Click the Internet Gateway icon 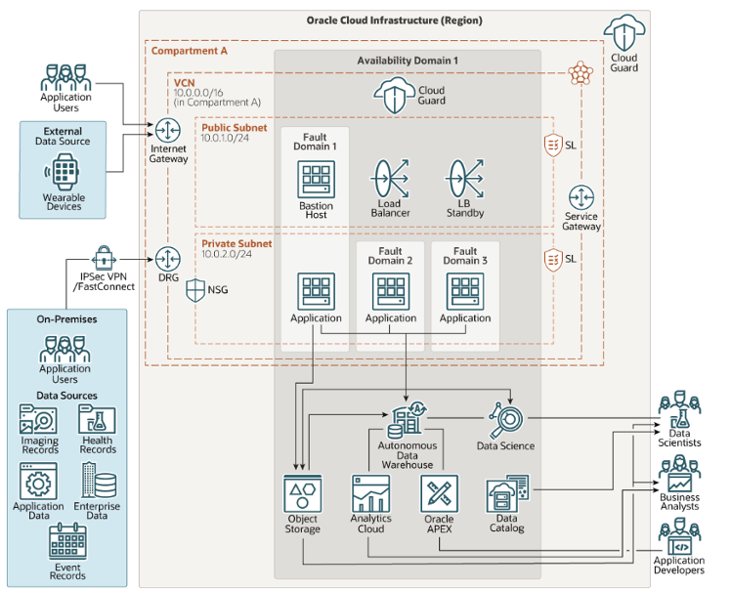(x=167, y=127)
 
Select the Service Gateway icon (x=582, y=195)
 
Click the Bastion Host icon (x=316, y=181)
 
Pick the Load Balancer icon (x=390, y=181)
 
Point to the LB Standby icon (x=465, y=181)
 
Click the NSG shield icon (x=195, y=289)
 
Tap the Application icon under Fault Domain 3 (x=465, y=291)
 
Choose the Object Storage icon (x=303, y=493)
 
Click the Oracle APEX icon (x=439, y=493)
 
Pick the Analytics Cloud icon (x=370, y=493)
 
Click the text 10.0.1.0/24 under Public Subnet (x=227, y=140)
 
